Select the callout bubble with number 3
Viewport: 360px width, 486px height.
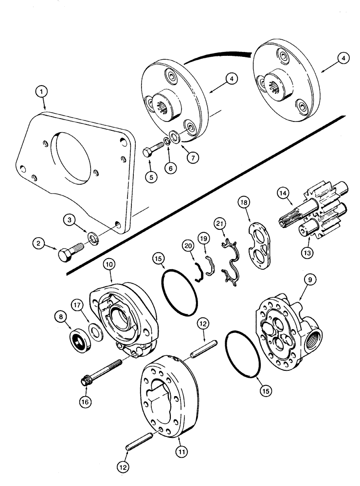(x=72, y=220)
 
